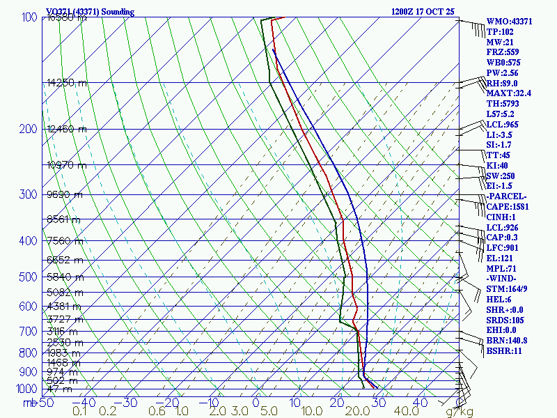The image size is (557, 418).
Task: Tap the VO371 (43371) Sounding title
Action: [90, 12]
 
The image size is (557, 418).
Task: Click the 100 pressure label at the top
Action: [30, 17]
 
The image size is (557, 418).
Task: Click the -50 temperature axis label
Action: [46, 403]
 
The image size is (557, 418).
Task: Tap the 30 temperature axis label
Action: [379, 403]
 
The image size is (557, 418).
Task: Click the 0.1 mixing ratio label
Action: [80, 412]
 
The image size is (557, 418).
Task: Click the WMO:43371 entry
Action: [509, 22]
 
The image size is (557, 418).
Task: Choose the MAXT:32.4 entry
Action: [509, 93]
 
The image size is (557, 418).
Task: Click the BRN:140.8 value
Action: [507, 340]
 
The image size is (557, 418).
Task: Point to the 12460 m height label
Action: [67, 129]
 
